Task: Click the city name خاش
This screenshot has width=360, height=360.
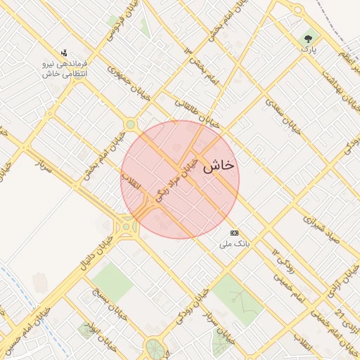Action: tap(219, 166)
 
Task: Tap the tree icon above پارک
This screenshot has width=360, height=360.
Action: tap(307, 38)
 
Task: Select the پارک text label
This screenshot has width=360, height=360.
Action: tap(306, 49)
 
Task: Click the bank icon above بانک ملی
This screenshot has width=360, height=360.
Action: tap(234, 233)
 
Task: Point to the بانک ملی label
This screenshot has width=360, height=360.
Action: tap(234, 244)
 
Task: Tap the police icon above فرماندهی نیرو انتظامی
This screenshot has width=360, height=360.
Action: tap(65, 53)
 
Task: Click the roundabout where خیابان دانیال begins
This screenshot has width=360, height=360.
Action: tap(127, 226)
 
